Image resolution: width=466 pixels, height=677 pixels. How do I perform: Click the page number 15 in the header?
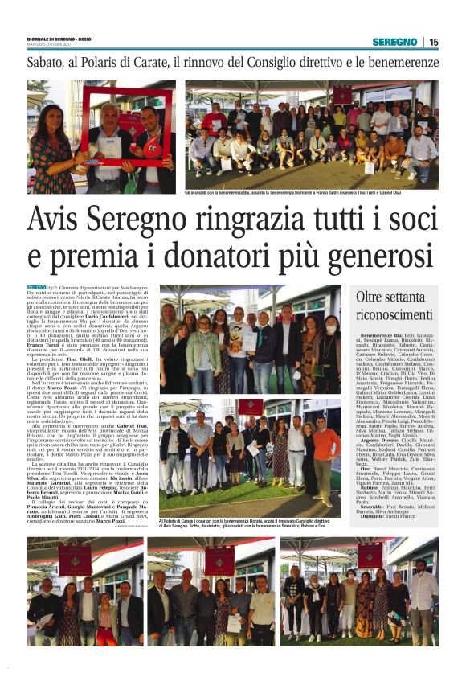(x=434, y=42)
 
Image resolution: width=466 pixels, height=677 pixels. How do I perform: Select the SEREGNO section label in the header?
(x=394, y=42)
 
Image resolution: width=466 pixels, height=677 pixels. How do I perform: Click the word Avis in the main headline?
(x=62, y=222)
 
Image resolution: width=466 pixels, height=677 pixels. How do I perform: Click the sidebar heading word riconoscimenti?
(x=394, y=314)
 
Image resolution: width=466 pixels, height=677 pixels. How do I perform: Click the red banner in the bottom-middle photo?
(x=219, y=560)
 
